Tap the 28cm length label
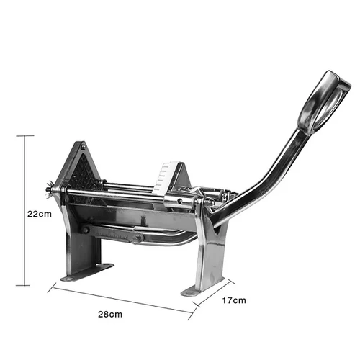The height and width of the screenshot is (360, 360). [x=110, y=314]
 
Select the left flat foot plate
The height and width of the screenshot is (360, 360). [x=87, y=271]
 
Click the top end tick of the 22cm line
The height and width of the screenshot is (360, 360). [x=26, y=135]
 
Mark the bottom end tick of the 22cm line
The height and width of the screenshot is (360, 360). [x=26, y=285]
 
